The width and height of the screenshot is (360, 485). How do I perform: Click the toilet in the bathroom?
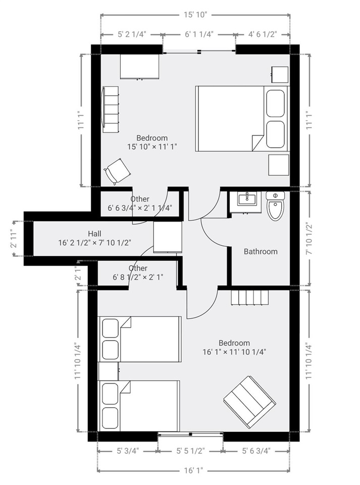pos(275,206)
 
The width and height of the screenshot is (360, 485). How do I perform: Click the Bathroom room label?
pos(261,252)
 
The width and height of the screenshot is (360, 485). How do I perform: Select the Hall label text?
pos(94,233)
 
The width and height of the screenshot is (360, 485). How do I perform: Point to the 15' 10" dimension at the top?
pos(195,15)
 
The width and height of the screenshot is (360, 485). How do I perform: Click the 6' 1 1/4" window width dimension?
pos(199,34)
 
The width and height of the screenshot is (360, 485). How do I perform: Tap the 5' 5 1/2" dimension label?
pos(190,451)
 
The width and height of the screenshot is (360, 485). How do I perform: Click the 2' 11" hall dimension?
pos(13,238)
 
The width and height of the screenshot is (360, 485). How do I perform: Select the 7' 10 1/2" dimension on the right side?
pos(308,238)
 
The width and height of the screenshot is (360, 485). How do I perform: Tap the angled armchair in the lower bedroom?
pos(249,402)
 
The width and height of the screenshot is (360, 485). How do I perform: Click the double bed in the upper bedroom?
pos(242,118)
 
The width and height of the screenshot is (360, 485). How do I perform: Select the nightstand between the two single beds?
pos(108,371)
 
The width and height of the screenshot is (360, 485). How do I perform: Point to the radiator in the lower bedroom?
pos(250,297)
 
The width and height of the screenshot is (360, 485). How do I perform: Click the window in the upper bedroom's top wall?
pos(199,52)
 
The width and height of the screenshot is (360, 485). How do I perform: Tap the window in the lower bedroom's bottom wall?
pos(190,434)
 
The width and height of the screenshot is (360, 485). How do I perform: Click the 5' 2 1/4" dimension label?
pos(132,34)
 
